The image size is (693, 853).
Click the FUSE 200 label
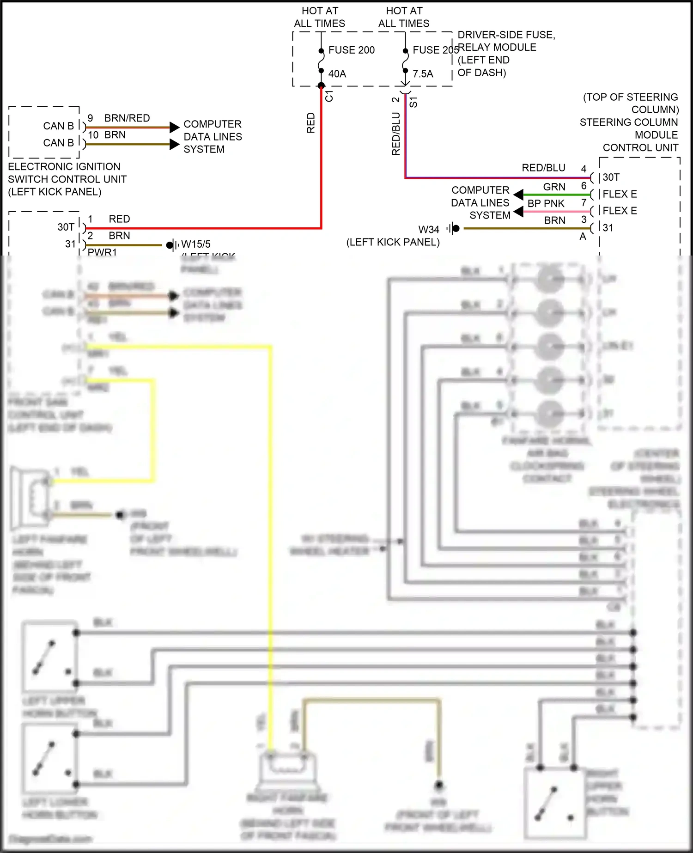pos(351,50)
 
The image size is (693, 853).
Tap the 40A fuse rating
pos(337,74)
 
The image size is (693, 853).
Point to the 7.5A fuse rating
pos(423,74)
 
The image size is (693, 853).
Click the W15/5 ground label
pos(195,244)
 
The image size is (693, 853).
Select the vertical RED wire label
pos(311,123)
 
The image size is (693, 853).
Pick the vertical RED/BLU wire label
pos(396,134)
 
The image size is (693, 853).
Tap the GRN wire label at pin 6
pos(554,187)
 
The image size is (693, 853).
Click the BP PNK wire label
pos(546,203)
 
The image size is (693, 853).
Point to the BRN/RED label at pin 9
pos(127,118)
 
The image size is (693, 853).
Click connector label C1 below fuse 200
pos(329,96)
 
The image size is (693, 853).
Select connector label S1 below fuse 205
pos(413,102)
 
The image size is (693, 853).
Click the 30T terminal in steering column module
pos(611,177)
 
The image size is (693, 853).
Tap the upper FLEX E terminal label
pos(620,194)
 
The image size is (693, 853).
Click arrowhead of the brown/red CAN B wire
pos(174,127)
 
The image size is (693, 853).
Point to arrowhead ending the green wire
pos(518,195)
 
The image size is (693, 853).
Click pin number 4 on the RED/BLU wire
pos(584,169)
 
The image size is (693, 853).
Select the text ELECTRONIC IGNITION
pos(64,167)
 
